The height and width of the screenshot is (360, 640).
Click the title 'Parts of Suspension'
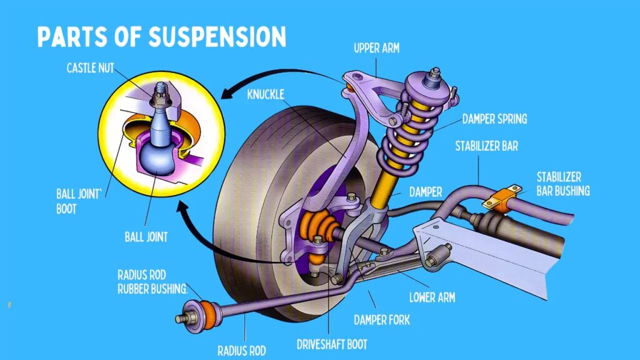161,37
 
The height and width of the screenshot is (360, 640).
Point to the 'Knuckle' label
266,94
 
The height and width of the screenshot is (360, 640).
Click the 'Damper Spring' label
494,118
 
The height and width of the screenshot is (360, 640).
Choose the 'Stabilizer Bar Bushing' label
562,183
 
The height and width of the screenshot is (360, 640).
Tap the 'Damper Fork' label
382,320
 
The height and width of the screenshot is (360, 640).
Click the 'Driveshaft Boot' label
331,344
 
